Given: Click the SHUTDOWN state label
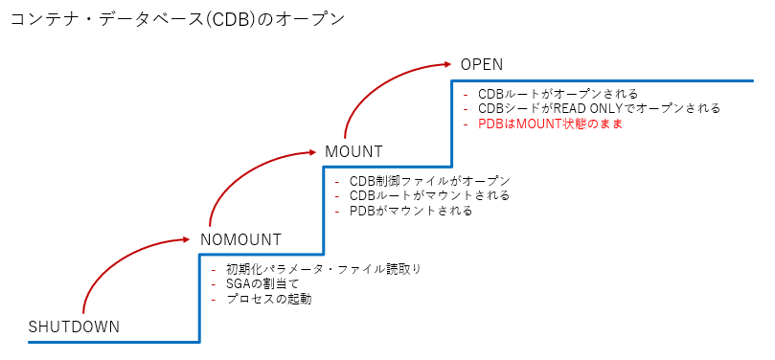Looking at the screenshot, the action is click(74, 326).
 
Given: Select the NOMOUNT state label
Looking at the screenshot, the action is click(240, 239).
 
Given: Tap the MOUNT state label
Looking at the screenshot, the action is click(353, 151).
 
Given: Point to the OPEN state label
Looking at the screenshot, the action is click(482, 65).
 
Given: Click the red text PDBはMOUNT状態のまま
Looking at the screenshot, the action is click(550, 124).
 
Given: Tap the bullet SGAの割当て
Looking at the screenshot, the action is click(262, 284).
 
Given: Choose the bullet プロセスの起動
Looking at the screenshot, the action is click(269, 299).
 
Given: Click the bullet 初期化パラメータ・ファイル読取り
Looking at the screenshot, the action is click(324, 269).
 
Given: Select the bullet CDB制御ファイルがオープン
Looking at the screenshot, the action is click(429, 181).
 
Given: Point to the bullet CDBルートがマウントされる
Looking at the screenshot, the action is click(429, 195).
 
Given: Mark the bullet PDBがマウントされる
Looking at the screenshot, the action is click(411, 211).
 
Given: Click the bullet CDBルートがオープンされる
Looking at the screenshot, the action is click(558, 94).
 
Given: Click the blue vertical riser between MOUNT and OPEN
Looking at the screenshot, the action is click(452, 124).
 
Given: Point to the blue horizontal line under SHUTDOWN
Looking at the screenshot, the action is click(114, 341).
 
